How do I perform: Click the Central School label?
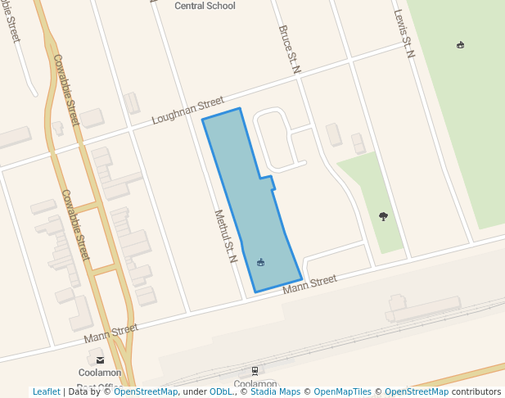tap(205, 6)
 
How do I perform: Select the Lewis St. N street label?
tap(404, 34)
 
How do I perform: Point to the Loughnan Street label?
tap(187, 111)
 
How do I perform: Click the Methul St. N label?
tap(225, 237)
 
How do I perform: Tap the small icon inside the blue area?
tap(260, 262)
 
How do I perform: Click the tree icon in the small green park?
tap(383, 216)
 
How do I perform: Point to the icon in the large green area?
tap(460, 45)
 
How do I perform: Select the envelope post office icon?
tap(100, 360)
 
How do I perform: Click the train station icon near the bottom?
tap(255, 371)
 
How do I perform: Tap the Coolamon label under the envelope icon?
tap(100, 373)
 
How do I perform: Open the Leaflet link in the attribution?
tap(47, 391)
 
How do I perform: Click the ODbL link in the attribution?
tap(219, 391)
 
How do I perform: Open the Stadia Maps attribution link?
tap(274, 391)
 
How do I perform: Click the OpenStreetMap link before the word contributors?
tap(416, 391)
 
